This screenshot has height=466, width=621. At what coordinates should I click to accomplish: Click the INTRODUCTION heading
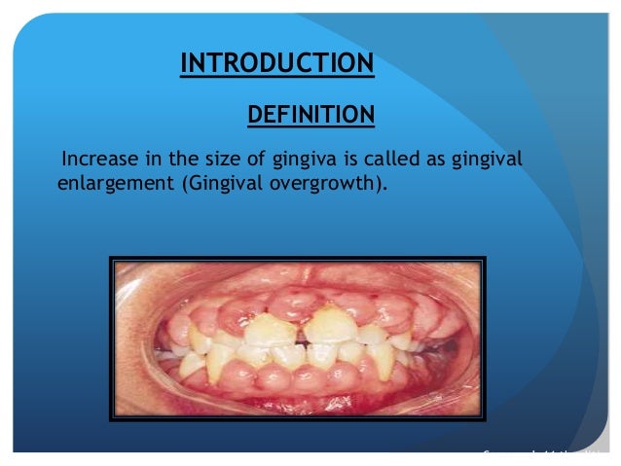tap(277, 64)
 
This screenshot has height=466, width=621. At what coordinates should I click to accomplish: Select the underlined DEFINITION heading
tap(310, 117)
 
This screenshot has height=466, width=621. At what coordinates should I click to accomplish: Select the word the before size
tap(180, 159)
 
